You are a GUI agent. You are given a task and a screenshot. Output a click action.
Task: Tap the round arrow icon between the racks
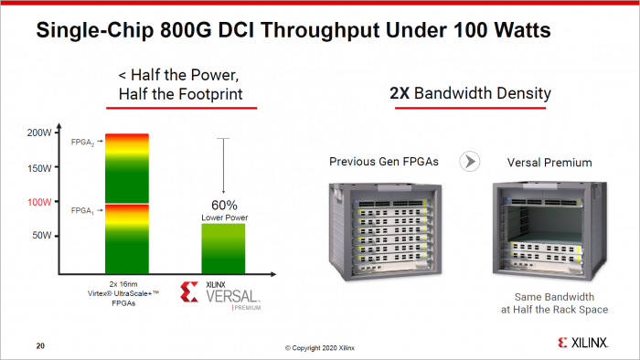pyautogui.click(x=471, y=162)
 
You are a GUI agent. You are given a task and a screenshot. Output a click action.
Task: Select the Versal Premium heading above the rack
pyautogui.click(x=549, y=162)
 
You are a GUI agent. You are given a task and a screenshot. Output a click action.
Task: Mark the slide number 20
pyautogui.click(x=40, y=345)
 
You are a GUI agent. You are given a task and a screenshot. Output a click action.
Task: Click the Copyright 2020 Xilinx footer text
pyautogui.click(x=319, y=347)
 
